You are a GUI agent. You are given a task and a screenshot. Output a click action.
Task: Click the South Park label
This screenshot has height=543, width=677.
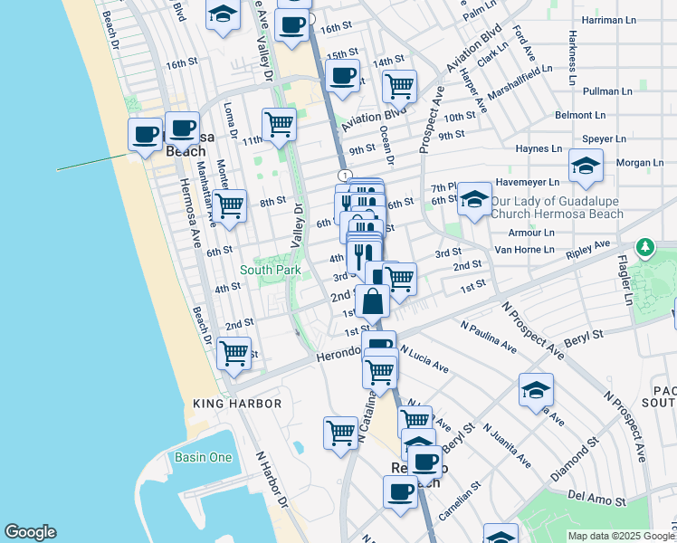270,270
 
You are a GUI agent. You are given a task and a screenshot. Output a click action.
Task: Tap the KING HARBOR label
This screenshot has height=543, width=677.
237,404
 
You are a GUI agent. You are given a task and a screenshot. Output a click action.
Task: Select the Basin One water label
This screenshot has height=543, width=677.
204,457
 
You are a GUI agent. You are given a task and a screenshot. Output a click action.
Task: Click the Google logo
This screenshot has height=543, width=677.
30,532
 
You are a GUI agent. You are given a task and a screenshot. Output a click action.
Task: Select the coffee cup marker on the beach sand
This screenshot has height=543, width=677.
144,136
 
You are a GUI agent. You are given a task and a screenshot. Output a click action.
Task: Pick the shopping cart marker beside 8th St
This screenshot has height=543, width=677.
231,205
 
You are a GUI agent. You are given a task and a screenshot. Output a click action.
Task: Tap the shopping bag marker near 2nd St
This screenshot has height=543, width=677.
372,300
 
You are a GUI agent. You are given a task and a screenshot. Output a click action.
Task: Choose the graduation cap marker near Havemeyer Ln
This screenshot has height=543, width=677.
586,166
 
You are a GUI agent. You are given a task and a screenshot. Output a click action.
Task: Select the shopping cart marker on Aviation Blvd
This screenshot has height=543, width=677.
398,87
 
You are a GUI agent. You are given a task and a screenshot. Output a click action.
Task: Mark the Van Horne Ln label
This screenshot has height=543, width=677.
523,249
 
